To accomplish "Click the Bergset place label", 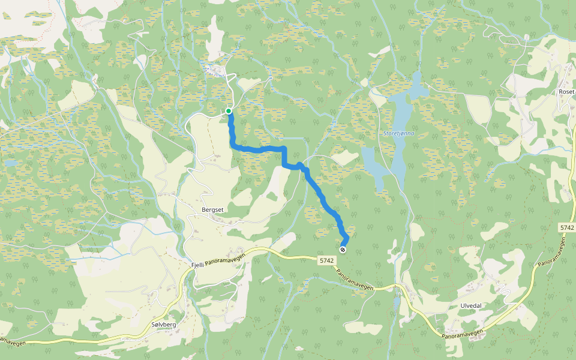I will click(x=213, y=210).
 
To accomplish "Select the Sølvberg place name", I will click(x=164, y=325).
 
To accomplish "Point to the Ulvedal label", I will click(x=471, y=305).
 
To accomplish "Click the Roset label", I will click(x=566, y=92).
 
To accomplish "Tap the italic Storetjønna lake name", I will click(x=398, y=134).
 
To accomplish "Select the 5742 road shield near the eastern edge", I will click(x=566, y=228).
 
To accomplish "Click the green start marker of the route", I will click(x=229, y=111).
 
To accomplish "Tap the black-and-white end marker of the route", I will click(x=343, y=250).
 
